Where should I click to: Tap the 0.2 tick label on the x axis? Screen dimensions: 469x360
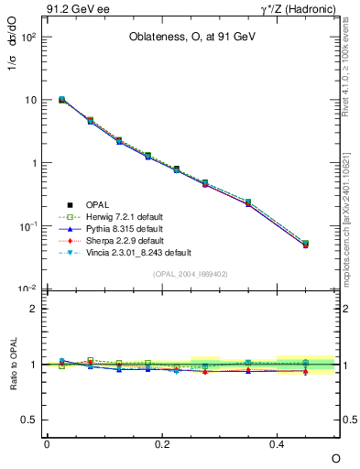(162, 443)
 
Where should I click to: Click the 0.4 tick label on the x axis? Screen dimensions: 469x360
(278, 443)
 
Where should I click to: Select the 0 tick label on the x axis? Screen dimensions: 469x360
(47, 443)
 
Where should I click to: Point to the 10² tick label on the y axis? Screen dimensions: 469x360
(29, 37)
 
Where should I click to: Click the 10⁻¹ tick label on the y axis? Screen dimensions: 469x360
(29, 225)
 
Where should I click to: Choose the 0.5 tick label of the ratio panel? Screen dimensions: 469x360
(31, 420)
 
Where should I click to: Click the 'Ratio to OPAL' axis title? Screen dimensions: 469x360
(13, 364)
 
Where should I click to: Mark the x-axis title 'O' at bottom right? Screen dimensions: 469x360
(335, 457)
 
